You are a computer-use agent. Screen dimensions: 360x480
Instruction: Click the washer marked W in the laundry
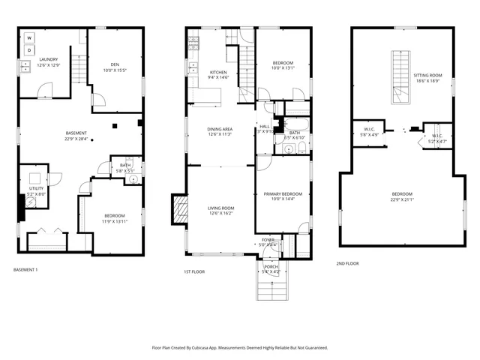(x=29, y=37)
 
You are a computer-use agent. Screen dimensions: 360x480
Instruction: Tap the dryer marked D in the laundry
(x=29, y=50)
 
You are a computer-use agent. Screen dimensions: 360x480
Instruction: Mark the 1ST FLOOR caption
(x=194, y=271)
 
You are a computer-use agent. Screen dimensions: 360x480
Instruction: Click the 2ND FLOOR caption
(x=348, y=263)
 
